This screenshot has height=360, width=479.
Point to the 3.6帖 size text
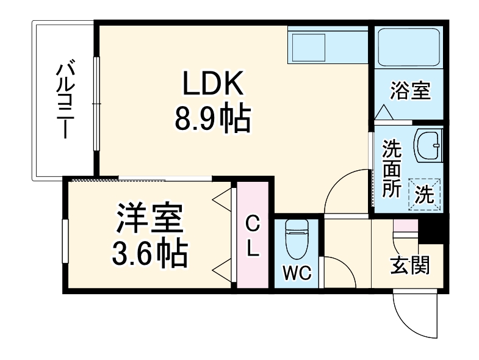(x=149, y=254)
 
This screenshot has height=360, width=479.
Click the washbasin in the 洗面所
(x=428, y=146)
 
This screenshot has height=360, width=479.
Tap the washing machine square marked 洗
(x=425, y=193)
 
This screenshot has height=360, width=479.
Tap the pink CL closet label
(x=252, y=237)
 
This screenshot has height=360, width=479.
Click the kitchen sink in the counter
(x=309, y=47)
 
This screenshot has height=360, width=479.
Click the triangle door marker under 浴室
(x=384, y=112)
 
